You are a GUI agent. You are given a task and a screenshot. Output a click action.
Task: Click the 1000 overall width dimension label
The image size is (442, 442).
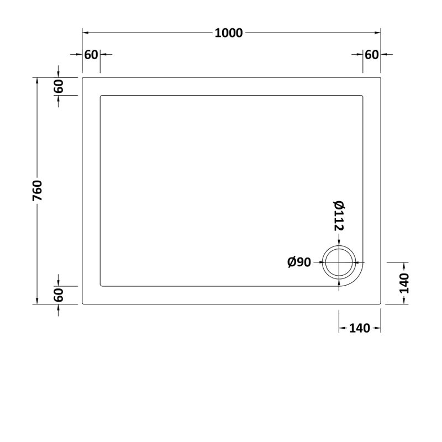229,33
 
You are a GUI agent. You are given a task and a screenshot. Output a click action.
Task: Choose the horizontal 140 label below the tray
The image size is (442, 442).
359,328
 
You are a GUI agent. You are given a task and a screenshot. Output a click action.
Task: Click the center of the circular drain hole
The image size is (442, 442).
339,262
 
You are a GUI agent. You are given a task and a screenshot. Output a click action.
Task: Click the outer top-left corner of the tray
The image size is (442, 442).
83,78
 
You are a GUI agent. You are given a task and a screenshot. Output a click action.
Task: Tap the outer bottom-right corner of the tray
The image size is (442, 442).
381,303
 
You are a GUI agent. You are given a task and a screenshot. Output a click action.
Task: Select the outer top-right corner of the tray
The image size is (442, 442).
381,78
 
